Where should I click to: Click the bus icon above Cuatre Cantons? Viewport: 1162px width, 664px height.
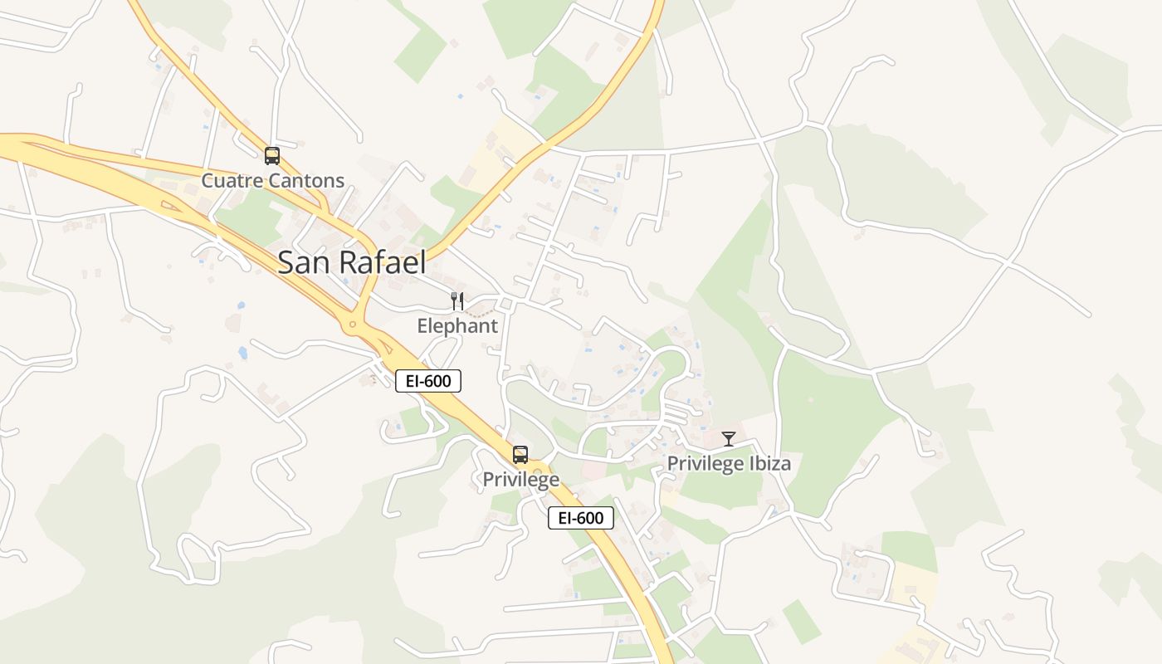[x=271, y=155]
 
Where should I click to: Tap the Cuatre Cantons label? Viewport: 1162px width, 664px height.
[x=272, y=181]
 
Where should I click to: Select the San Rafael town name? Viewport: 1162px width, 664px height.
[x=351, y=262]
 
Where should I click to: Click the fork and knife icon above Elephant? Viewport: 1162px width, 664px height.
[x=457, y=300]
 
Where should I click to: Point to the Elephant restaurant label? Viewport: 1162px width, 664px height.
[x=457, y=326]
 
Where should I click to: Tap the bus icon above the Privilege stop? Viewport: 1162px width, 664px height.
[x=520, y=454]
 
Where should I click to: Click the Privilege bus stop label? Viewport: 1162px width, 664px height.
[x=520, y=480]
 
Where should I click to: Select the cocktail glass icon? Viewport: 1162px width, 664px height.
[x=729, y=438]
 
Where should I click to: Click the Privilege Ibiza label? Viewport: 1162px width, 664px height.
[x=729, y=464]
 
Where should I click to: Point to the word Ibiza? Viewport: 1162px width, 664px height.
[x=767, y=464]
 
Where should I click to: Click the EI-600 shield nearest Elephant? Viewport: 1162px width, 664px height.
[x=427, y=381]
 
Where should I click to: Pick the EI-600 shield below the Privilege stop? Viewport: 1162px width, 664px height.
[x=580, y=518]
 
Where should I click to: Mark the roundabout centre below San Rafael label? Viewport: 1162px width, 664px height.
[x=353, y=325]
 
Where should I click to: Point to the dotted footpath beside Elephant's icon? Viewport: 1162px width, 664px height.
[x=477, y=313]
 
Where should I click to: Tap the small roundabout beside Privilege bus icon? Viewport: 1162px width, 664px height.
[x=538, y=471]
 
